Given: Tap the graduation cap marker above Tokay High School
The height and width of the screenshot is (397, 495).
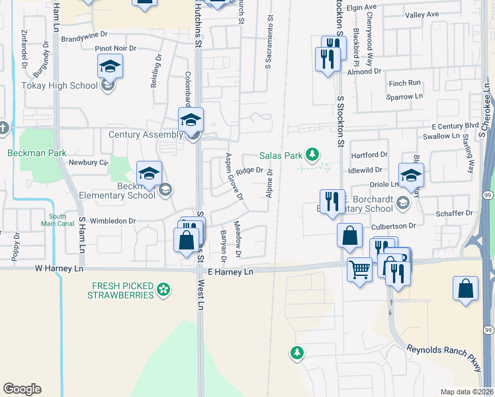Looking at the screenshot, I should [x=110, y=67].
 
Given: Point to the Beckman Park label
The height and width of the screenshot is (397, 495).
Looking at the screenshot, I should [x=37, y=152].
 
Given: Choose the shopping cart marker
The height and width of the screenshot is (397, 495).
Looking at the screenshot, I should [x=359, y=270].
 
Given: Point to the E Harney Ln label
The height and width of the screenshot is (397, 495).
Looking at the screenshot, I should [x=230, y=273].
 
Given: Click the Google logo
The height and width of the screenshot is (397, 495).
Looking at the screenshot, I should [x=22, y=389].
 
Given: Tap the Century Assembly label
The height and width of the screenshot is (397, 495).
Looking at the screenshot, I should [x=146, y=135].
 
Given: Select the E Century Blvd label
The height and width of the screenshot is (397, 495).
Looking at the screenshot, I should [x=455, y=126].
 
